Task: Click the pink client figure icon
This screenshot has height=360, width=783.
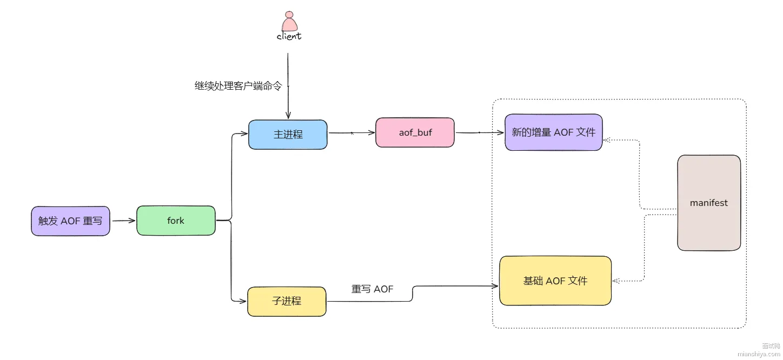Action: (289, 21)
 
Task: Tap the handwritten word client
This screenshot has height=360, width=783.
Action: (289, 36)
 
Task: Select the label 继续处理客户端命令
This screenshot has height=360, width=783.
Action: (238, 86)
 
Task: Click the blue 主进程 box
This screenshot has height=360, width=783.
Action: (288, 135)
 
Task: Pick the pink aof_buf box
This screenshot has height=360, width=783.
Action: (415, 132)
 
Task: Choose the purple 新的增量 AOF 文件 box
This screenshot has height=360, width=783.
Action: (554, 132)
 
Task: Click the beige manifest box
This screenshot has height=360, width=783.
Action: (709, 203)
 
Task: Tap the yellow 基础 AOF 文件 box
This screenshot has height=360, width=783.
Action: (555, 281)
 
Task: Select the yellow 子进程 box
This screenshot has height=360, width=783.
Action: (287, 301)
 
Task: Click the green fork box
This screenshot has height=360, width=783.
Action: (176, 221)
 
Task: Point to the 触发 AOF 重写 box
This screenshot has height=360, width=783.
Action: (70, 221)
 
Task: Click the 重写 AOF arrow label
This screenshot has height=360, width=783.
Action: (372, 289)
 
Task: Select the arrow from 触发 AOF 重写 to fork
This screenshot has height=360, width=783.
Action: (123, 221)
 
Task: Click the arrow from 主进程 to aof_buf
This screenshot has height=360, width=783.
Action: (351, 133)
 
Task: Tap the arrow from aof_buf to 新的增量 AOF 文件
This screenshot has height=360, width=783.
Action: (480, 132)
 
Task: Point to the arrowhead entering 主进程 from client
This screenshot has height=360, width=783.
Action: (288, 115)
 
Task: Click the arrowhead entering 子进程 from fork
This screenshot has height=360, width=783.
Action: (243, 301)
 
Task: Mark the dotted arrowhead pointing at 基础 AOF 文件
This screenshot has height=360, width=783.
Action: (616, 281)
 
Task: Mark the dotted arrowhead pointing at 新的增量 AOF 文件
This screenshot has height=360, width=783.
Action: (607, 140)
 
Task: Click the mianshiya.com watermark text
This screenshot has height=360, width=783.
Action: (759, 354)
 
